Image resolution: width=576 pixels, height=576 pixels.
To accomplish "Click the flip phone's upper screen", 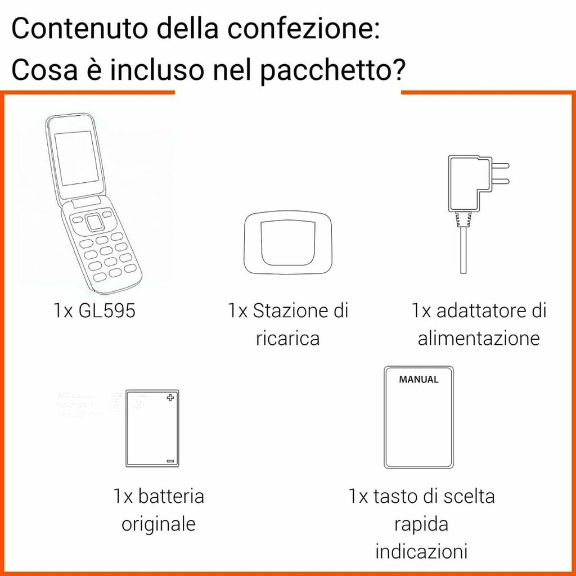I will [x=76, y=160].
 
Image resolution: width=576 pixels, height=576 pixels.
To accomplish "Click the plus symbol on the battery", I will [x=171, y=398].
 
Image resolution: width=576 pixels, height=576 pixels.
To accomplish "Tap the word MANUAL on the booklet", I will [x=418, y=379].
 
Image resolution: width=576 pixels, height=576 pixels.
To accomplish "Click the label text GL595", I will [x=108, y=311].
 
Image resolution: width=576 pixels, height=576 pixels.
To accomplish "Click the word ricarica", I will [x=288, y=339].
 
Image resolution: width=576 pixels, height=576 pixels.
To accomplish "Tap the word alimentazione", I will [x=479, y=339].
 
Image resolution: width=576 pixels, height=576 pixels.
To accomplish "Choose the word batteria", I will [x=171, y=496].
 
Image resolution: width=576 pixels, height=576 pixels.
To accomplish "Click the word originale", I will [x=159, y=524].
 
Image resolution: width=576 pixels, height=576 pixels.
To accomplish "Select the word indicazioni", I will [x=421, y=551].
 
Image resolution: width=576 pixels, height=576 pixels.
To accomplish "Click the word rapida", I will [x=421, y=524].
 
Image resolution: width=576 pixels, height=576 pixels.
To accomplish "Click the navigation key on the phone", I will [x=95, y=221].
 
